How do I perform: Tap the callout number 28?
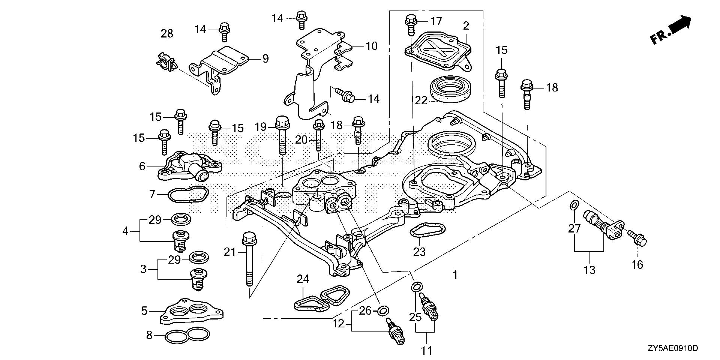point(167,33)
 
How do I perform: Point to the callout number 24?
point(303,279)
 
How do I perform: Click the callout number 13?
point(589,269)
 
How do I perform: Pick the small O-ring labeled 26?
point(383,310)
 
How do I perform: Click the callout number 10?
point(371,46)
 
